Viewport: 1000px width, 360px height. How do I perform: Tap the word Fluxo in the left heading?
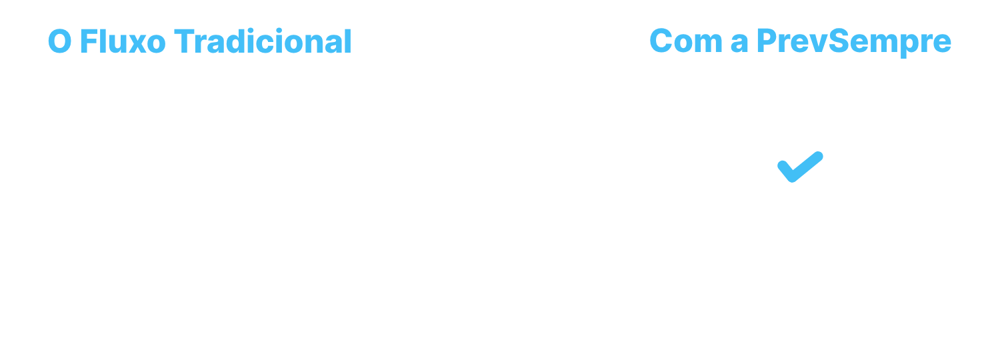click(x=123, y=41)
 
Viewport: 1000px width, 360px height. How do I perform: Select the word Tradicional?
click(x=263, y=41)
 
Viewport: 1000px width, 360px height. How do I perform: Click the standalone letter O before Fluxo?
click(x=60, y=41)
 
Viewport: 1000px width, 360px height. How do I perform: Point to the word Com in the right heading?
click(x=686, y=41)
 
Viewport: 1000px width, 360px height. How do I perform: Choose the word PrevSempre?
click(x=853, y=43)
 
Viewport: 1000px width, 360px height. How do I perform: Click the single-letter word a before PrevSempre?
click(x=739, y=44)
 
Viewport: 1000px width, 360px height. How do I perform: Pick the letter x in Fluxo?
click(x=137, y=45)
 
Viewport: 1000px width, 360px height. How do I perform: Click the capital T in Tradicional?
click(x=184, y=41)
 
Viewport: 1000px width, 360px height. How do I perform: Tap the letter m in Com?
click(x=709, y=44)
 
